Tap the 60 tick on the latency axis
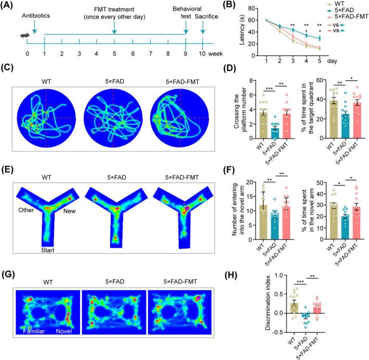[253, 20]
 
